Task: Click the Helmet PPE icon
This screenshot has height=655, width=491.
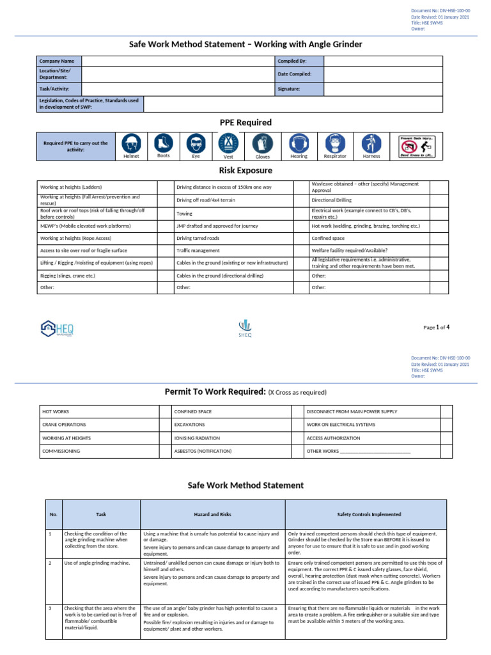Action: [131, 143]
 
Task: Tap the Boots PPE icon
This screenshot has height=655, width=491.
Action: [163, 143]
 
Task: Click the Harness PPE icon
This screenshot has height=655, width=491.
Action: [371, 143]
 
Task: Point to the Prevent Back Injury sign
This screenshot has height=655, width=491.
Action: [417, 146]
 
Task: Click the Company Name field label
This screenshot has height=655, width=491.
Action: [57, 61]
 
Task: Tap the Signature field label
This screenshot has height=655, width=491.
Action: [289, 89]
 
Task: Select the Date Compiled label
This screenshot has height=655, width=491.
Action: [294, 74]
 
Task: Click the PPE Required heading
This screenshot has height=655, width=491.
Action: [245, 122]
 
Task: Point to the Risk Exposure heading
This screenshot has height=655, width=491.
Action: [245, 171]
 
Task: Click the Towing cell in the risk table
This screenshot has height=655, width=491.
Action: [184, 214]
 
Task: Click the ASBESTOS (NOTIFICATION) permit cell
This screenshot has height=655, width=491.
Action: [203, 451]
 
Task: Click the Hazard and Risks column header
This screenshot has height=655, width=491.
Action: [212, 514]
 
